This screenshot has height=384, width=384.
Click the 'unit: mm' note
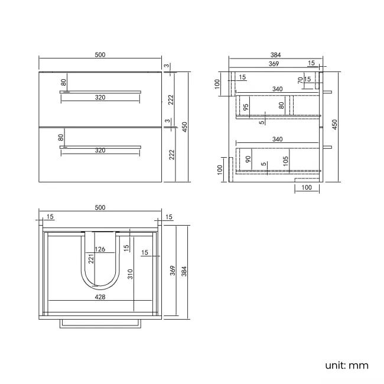[346, 365]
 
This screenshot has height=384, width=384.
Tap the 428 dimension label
[100, 297]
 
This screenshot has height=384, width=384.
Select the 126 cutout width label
[100, 250]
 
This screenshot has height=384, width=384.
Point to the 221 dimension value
[91, 258]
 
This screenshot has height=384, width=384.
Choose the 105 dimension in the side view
[285, 160]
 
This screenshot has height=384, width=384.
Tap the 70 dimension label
[300, 79]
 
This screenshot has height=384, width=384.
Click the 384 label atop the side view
[275, 55]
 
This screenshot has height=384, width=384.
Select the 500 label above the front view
[100, 55]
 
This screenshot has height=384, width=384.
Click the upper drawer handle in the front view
[100, 92]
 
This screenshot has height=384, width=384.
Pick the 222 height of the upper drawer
[170, 99]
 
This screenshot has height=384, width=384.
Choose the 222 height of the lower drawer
[170, 155]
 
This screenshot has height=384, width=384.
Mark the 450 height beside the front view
[184, 126]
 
